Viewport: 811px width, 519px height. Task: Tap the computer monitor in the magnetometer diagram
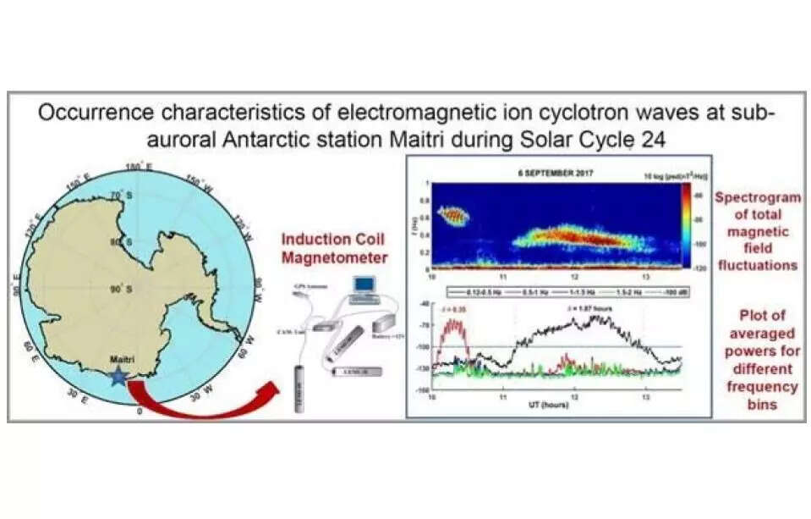coord(364,284)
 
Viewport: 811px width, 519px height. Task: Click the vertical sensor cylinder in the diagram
coord(299,384)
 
